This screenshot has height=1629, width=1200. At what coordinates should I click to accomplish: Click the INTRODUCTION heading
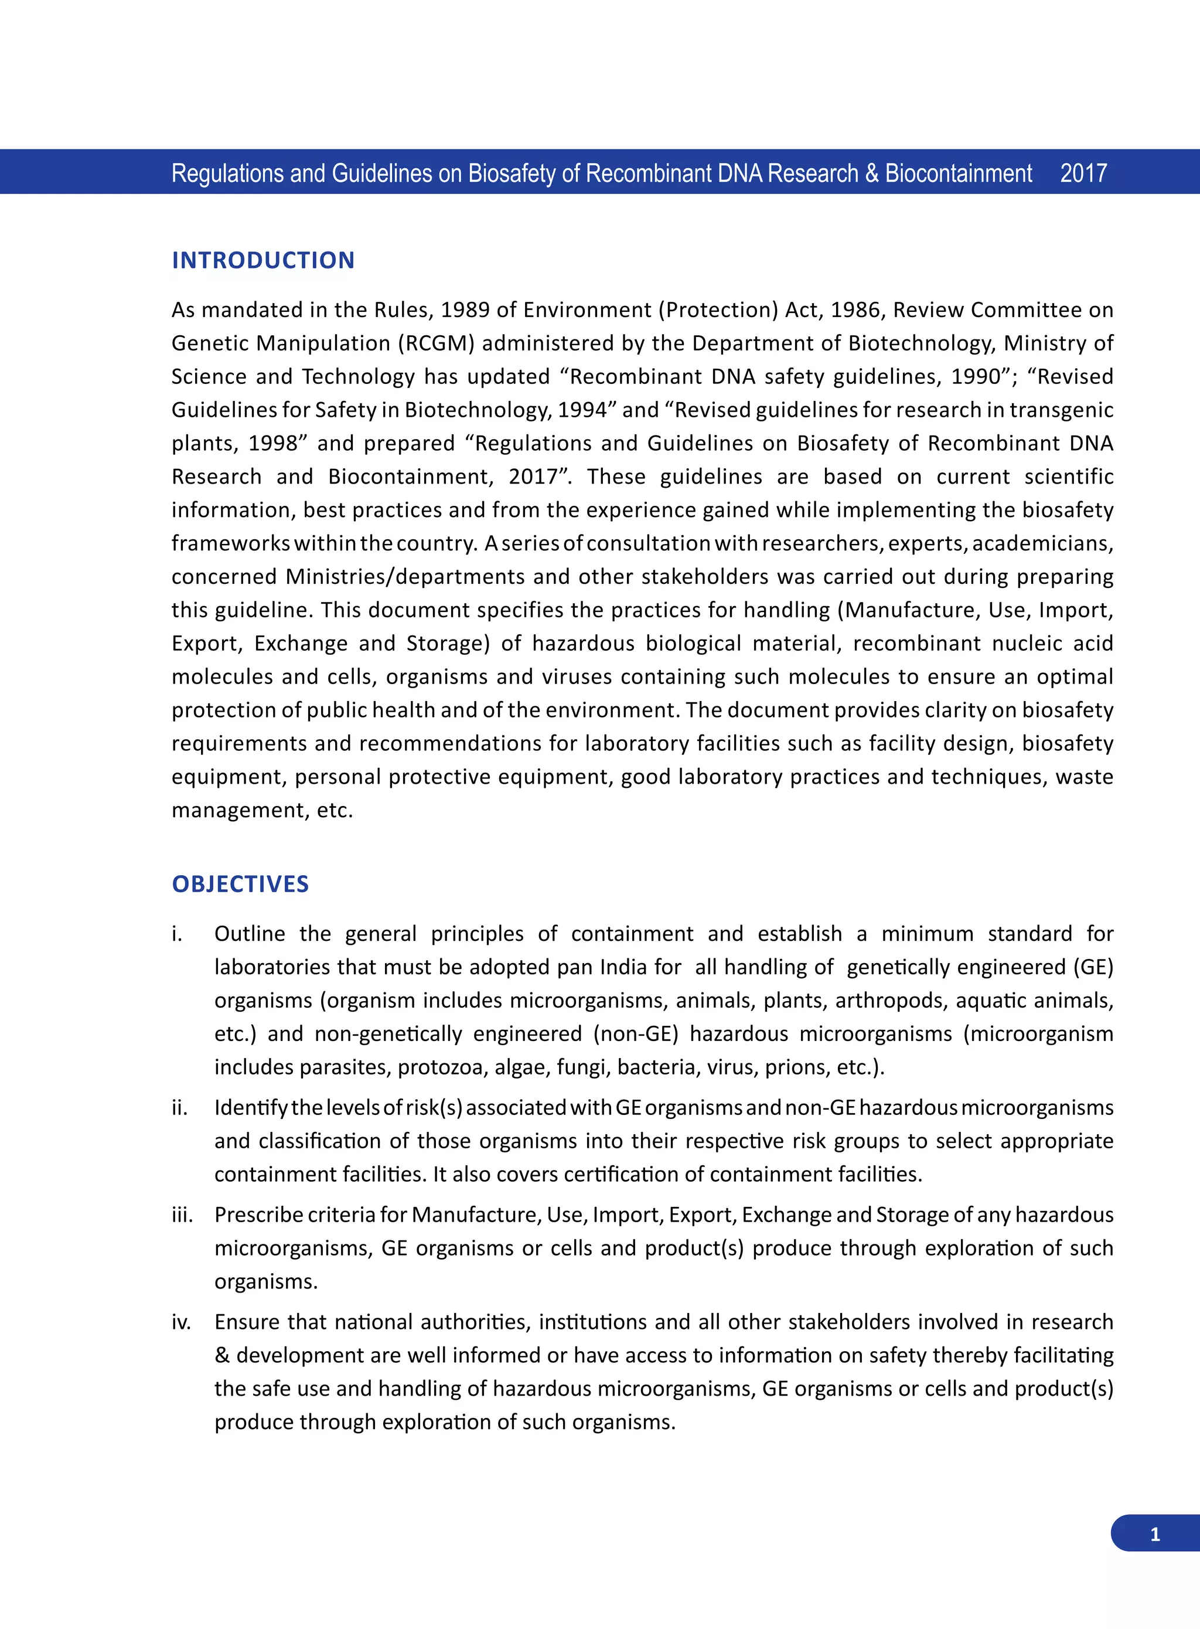(x=263, y=260)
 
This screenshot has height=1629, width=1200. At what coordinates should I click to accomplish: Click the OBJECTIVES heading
(x=240, y=883)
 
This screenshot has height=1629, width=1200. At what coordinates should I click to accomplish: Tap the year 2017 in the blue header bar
(x=1083, y=173)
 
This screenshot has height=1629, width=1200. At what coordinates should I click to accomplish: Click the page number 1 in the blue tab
(x=1155, y=1534)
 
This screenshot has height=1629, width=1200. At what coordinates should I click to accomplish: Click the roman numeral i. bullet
(x=176, y=934)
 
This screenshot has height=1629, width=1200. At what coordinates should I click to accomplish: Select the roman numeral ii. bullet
(x=179, y=1107)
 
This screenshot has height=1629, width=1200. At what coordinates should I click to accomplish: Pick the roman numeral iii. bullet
(x=182, y=1214)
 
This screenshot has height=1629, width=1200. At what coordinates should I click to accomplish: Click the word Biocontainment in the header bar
(x=958, y=173)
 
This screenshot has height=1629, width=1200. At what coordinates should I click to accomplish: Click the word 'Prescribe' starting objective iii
(x=257, y=1214)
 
